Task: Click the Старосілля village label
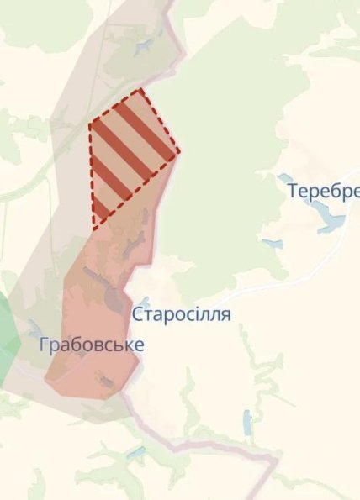pyautogui.click(x=181, y=315)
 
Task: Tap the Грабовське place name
pyautogui.click(x=91, y=345)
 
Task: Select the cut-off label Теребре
pyautogui.click(x=323, y=191)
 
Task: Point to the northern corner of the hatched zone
pyautogui.click(x=141, y=88)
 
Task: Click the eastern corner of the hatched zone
pyautogui.click(x=179, y=153)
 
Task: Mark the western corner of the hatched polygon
pyautogui.click(x=89, y=124)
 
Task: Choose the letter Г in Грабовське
pyautogui.click(x=44, y=345)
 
